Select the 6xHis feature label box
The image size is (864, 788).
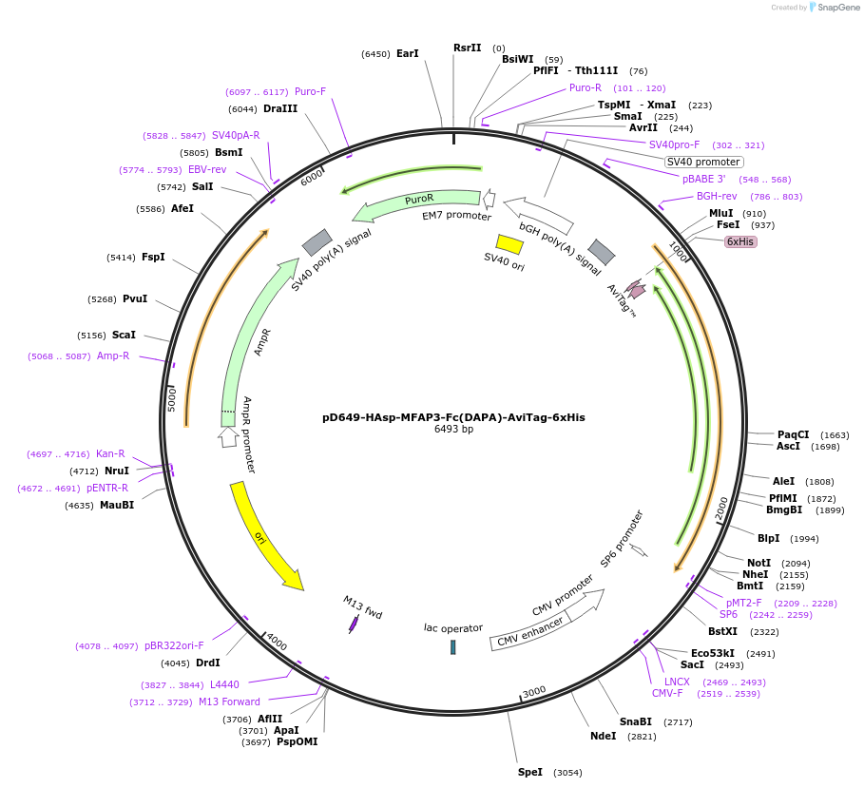click(x=740, y=241)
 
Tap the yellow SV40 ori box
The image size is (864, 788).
click(x=510, y=244)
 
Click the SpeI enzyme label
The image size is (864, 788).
click(x=529, y=772)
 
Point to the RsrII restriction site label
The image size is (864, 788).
click(x=468, y=48)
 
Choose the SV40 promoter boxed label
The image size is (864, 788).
click(x=703, y=162)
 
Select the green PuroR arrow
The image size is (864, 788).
click(x=417, y=201)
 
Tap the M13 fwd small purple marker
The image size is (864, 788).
click(x=354, y=624)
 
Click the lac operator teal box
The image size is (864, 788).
click(x=453, y=646)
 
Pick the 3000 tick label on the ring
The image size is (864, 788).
click(x=534, y=691)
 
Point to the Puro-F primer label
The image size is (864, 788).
click(x=310, y=91)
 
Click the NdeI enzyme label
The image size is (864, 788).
click(x=603, y=735)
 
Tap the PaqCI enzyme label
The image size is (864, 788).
click(x=793, y=434)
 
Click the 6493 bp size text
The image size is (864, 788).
click(x=453, y=429)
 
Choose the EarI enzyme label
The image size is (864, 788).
click(x=407, y=54)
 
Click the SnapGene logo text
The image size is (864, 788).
click(x=835, y=8)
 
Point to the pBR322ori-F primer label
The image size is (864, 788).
click(x=174, y=645)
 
